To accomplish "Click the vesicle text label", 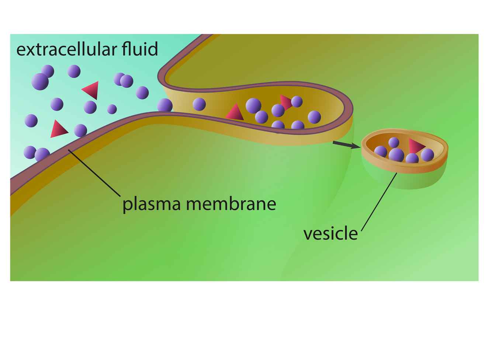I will [330, 234].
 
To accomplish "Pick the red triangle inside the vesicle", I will [416, 146].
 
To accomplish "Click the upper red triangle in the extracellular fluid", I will [91, 90].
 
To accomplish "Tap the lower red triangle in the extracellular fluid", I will [58, 129].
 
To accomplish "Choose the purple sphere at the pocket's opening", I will [165, 106].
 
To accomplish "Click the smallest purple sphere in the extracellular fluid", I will [112, 109].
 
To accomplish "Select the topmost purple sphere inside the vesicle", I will [394, 142].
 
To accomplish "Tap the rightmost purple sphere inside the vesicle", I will [427, 155].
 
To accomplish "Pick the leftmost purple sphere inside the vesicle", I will [381, 151].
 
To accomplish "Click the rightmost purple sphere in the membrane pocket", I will [314, 117].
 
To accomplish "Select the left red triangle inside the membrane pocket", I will [235, 113].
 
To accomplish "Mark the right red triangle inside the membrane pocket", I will [285, 102].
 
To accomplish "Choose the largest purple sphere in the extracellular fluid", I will [40, 81].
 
